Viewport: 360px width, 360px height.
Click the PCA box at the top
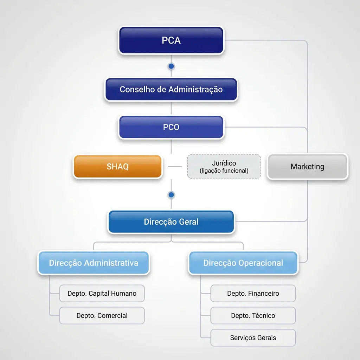(x=171, y=40)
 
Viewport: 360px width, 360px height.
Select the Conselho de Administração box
(x=171, y=89)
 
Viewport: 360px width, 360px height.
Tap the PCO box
(x=171, y=127)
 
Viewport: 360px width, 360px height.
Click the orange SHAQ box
(x=117, y=166)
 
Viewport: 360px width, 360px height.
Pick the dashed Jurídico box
(x=224, y=166)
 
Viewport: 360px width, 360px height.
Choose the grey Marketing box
(x=307, y=166)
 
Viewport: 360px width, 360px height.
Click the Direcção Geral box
(x=171, y=222)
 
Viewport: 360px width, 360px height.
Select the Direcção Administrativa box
(x=94, y=263)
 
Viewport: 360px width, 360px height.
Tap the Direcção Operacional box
(x=243, y=263)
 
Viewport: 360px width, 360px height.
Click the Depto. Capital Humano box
(x=102, y=294)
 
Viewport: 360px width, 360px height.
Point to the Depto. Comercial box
(x=102, y=315)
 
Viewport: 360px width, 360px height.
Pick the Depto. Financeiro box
(x=253, y=294)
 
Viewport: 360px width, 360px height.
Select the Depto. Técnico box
(x=253, y=315)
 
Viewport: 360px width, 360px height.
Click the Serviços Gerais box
(x=253, y=338)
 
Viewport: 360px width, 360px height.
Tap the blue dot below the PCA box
(x=171, y=66)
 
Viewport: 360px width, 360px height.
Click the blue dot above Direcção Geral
(x=171, y=195)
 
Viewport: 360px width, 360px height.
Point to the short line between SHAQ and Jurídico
(x=175, y=166)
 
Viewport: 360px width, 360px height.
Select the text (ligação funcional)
(x=224, y=171)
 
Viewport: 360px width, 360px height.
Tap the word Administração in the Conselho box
(x=195, y=90)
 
